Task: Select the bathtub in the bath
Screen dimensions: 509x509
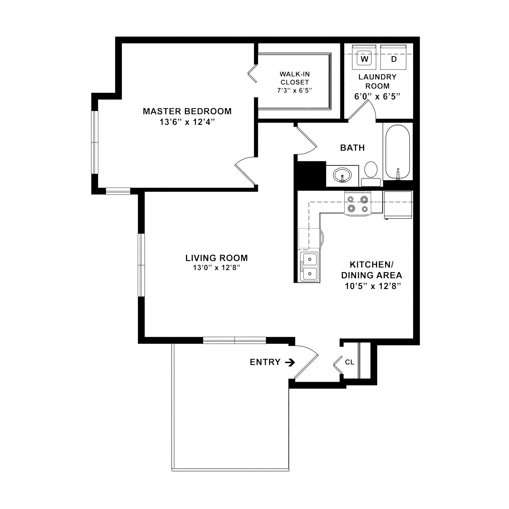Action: tap(398, 152)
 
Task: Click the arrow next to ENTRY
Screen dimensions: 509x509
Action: tap(290, 363)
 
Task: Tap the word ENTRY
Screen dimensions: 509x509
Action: tap(265, 363)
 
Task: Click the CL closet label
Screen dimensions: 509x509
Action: tap(350, 363)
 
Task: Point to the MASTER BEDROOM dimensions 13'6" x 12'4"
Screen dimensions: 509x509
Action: tap(187, 122)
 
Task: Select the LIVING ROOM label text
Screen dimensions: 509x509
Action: tap(216, 258)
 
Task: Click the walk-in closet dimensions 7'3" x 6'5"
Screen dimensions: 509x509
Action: tap(295, 91)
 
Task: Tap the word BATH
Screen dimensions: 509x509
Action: tap(352, 148)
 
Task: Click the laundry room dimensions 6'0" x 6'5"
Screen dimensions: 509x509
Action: tap(377, 97)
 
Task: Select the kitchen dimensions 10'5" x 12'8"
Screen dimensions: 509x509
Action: tap(373, 286)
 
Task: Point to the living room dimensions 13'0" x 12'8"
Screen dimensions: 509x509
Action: tap(216, 268)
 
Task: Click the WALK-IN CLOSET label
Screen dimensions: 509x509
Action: tap(295, 78)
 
